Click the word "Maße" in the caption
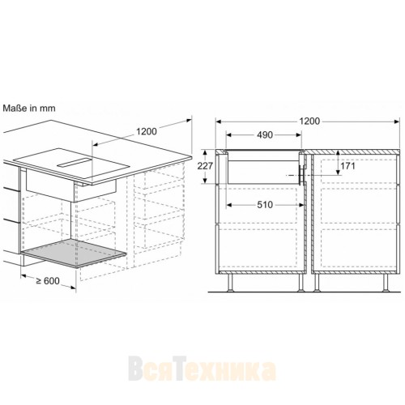click(x=15, y=106)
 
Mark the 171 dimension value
click(x=325, y=165)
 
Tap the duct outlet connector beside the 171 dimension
click(x=301, y=173)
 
